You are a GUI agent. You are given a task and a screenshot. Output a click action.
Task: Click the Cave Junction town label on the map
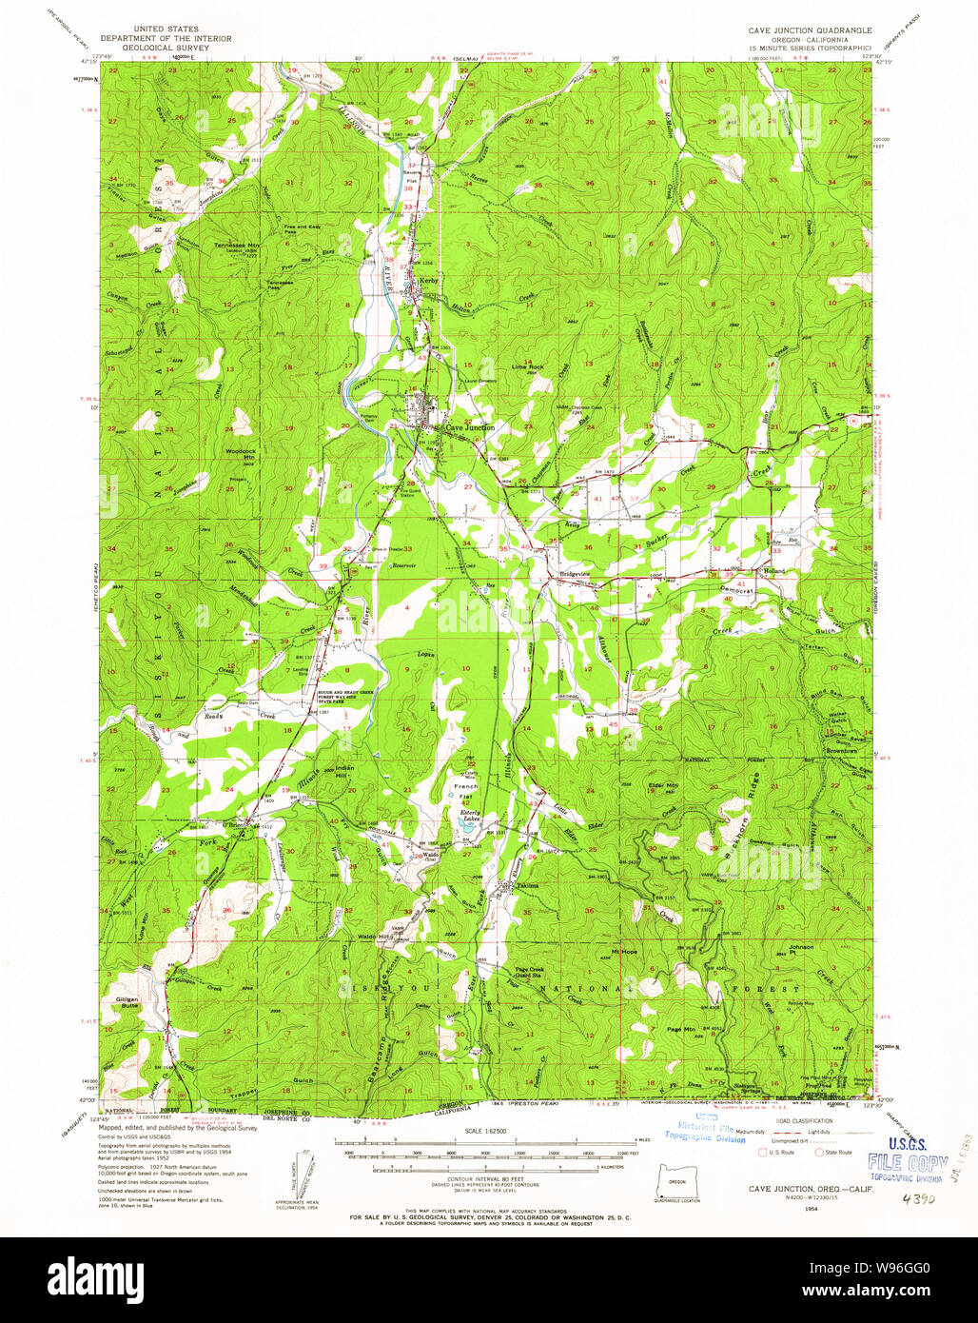pos(464,428)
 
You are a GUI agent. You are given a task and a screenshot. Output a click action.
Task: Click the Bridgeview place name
pos(575,574)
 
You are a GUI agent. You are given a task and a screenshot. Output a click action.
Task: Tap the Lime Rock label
pos(527,366)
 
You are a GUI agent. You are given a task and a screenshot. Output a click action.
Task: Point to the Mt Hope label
pos(623,951)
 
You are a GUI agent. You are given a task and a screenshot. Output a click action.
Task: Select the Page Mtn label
pos(681,1030)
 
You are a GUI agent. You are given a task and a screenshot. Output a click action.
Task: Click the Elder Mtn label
pos(663,785)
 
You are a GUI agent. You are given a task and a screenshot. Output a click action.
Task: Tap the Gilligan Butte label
pos(127,1002)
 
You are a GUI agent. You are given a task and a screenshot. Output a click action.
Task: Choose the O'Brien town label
pos(234,824)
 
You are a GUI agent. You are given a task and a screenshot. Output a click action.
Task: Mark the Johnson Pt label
pos(801,947)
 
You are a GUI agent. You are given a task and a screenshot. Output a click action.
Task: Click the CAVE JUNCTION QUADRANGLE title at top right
pos(810,30)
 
